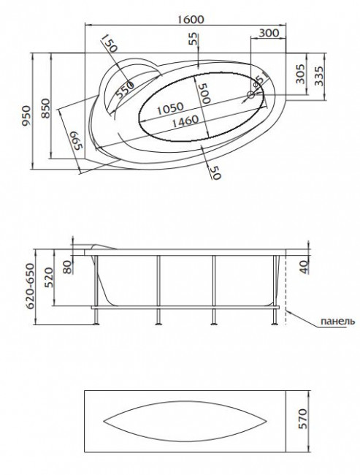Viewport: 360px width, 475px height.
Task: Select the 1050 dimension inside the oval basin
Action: click(170, 107)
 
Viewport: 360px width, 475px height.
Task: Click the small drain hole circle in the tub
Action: click(251, 94)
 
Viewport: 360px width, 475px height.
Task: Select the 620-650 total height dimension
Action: click(30, 287)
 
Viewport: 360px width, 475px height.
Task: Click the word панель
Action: click(337, 321)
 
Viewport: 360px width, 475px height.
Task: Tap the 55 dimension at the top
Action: click(192, 41)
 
